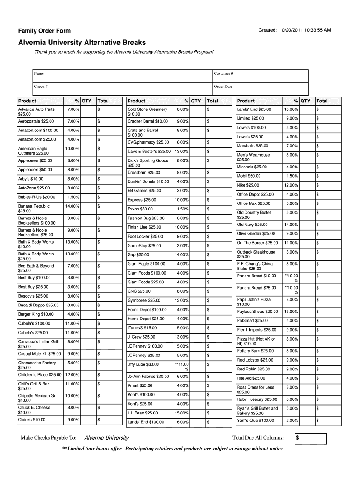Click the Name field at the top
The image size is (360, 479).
pyautogui.click(x=122, y=76)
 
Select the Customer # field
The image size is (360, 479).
pyautogui.click(x=260, y=76)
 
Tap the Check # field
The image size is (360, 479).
pyautogui.click(x=122, y=89)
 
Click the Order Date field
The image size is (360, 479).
pyautogui.click(x=260, y=89)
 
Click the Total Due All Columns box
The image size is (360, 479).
pyautogui.click(x=310, y=438)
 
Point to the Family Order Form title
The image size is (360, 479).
pyautogui.click(x=44, y=31)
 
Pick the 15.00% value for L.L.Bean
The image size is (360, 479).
pyautogui.click(x=182, y=413)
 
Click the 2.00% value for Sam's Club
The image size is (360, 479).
pyautogui.click(x=292, y=420)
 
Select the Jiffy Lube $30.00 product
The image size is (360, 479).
pyautogui.click(x=143, y=364)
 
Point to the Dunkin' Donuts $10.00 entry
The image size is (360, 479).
pyautogui.click(x=148, y=181)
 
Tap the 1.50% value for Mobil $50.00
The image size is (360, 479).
pyautogui.click(x=292, y=176)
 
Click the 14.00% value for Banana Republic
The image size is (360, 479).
pyautogui.click(x=72, y=206)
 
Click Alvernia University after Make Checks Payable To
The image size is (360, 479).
pyautogui.click(x=106, y=438)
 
